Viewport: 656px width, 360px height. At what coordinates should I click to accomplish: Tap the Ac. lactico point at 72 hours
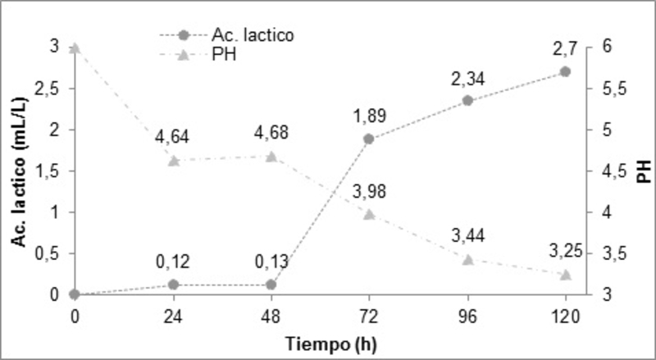point(369,139)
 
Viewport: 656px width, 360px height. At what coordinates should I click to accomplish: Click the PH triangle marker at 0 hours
point(75,48)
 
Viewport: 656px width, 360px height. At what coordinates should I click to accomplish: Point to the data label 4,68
point(271,133)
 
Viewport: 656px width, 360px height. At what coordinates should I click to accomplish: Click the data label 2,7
point(566,49)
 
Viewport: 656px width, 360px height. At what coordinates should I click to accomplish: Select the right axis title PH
point(645,171)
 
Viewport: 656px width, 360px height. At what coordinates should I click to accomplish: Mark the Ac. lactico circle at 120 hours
point(565,71)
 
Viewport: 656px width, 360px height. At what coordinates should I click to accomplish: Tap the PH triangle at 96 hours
point(467,259)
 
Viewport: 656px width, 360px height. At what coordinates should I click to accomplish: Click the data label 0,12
point(173,262)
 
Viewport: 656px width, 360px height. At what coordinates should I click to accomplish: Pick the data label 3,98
point(369,191)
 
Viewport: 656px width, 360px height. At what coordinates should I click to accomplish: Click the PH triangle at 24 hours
point(173,161)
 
